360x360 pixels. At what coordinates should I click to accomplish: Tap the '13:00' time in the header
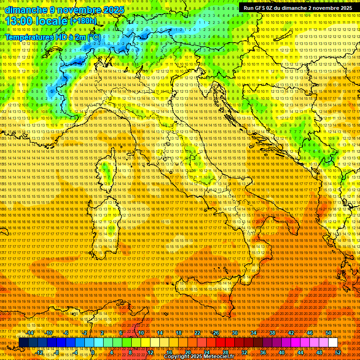pyautogui.click(x=20, y=21)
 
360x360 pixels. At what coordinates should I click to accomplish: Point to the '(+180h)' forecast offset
pyautogui.click(x=84, y=21)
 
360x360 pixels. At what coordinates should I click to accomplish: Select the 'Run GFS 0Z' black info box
pyautogui.click(x=298, y=8)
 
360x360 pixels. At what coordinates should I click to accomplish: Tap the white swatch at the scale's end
pyautogui.click(x=333, y=343)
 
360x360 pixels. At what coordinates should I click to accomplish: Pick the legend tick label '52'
pyautogui.click(x=338, y=352)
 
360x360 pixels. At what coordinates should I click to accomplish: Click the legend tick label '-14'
pyautogui.click(x=30, y=332)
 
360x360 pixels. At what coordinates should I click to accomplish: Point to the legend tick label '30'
pyautogui.click(x=235, y=332)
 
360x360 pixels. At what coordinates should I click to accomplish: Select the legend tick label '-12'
pyautogui.click(x=39, y=352)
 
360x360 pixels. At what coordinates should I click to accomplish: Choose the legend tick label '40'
pyautogui.click(x=282, y=352)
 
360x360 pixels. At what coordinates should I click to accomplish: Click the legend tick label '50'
pyautogui.click(x=329, y=332)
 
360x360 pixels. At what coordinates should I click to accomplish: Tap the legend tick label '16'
pyautogui.click(x=169, y=352)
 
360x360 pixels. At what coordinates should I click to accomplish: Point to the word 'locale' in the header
pyautogui.click(x=52, y=21)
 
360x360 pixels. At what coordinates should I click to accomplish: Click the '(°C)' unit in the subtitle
pyautogui.click(x=93, y=37)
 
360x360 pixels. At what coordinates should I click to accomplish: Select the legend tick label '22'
pyautogui.click(x=197, y=332)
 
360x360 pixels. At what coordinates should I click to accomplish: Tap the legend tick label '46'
pyautogui.click(x=310, y=332)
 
